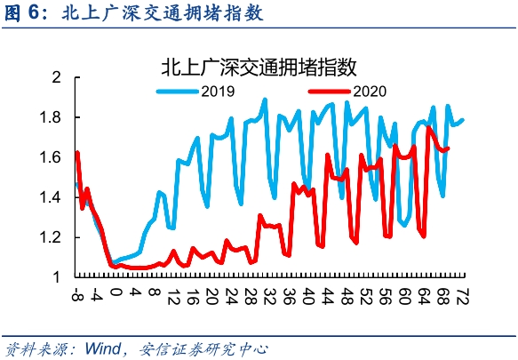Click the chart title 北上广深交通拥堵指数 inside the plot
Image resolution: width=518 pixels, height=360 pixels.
point(259,67)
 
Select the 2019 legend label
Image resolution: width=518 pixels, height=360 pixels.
point(218,92)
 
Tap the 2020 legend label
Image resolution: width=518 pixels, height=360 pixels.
point(370,92)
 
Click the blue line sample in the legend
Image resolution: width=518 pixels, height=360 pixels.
point(178,92)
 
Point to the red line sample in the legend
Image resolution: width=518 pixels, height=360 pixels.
point(329,92)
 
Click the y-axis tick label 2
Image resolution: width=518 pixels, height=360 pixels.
point(57,77)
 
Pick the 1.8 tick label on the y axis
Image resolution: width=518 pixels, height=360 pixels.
point(51,117)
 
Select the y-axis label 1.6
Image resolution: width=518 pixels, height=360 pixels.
point(51,157)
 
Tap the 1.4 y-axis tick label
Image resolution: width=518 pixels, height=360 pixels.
point(51,197)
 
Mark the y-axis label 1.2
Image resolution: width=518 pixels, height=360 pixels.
point(51,237)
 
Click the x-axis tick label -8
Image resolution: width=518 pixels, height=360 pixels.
point(77,294)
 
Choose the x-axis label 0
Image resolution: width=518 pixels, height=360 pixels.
point(116,292)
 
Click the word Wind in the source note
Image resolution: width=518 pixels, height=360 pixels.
point(103,348)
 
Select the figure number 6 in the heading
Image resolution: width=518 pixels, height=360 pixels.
point(33,13)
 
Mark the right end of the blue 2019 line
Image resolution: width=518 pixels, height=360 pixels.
point(463,120)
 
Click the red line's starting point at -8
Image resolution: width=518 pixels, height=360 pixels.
point(77,152)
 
